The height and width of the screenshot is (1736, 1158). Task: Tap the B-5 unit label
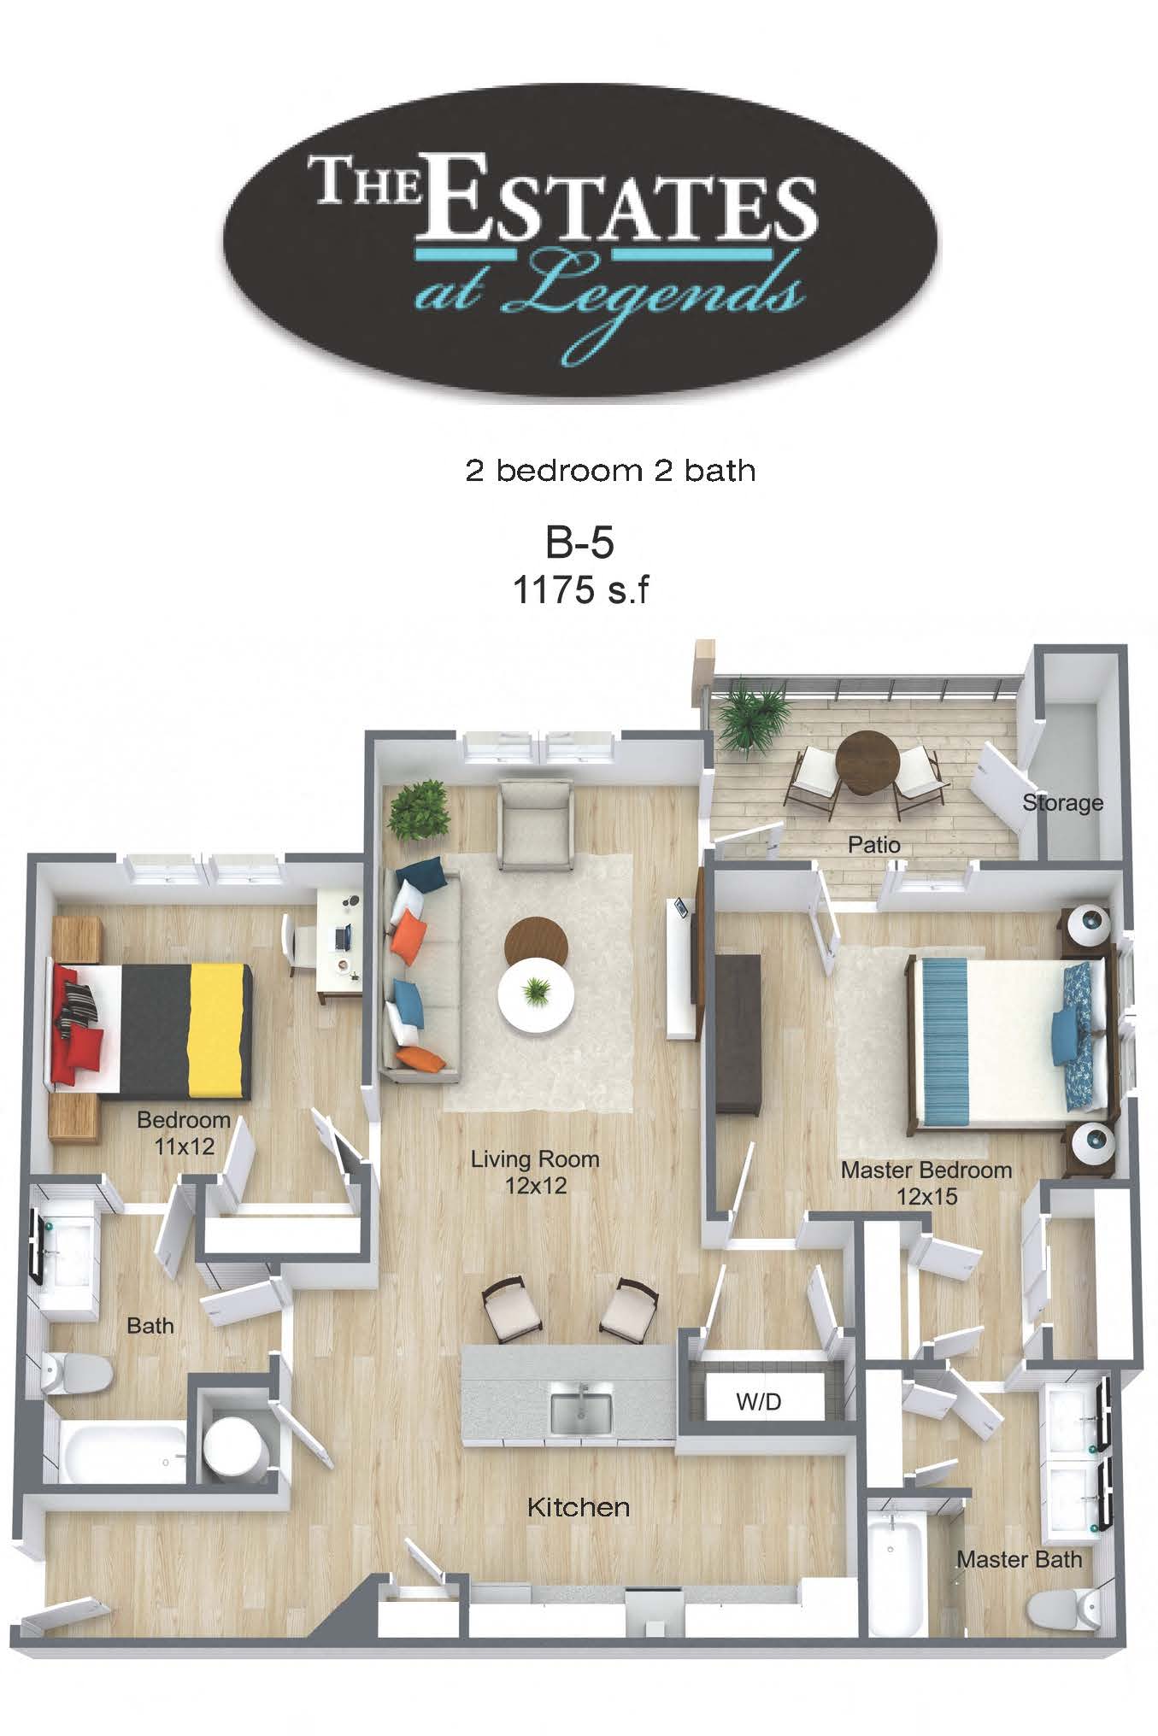coord(580,542)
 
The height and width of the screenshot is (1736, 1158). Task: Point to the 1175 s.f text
coord(580,589)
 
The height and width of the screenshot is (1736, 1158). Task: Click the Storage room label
coord(1062,803)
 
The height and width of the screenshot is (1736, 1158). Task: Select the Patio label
coord(874,845)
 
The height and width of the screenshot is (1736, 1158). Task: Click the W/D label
coord(759,1402)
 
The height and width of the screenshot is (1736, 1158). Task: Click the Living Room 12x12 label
coord(535,1171)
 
